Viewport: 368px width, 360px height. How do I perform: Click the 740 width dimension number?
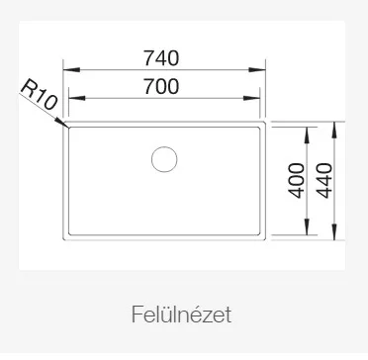(x=161, y=58)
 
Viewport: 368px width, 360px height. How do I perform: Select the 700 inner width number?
(x=161, y=86)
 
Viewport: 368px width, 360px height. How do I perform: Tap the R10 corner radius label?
(x=40, y=95)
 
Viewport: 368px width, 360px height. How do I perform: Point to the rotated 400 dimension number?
(x=297, y=180)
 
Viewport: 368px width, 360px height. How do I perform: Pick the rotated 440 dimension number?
(x=324, y=180)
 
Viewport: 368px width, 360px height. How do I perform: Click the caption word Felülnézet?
(x=181, y=315)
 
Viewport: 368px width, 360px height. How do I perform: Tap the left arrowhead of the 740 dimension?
(x=71, y=70)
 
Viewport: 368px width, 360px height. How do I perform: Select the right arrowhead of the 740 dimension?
(x=257, y=70)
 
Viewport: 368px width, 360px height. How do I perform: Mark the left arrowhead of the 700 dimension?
(x=77, y=98)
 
